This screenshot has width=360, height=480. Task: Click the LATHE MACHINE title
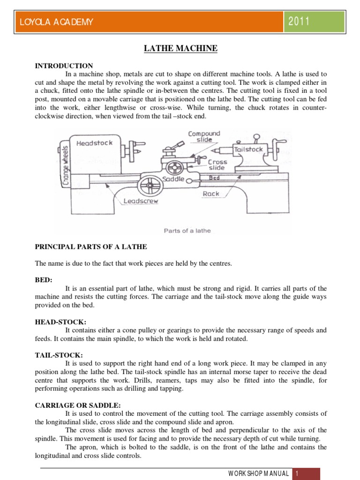point(180,48)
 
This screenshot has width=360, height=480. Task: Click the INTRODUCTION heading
point(64,66)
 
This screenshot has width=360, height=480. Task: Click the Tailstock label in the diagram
point(248,149)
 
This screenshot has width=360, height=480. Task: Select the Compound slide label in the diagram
point(204,136)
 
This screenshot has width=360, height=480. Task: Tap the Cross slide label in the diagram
point(217,165)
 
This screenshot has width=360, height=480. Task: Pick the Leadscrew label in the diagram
point(141,201)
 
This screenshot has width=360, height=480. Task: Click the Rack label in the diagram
point(211,194)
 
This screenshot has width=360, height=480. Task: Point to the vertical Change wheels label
point(66,165)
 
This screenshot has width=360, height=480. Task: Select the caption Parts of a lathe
point(187,230)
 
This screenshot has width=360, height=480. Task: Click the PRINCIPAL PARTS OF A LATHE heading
point(91,247)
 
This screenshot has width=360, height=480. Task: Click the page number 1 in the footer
point(296,473)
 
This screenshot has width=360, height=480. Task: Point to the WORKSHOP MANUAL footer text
point(259,473)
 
